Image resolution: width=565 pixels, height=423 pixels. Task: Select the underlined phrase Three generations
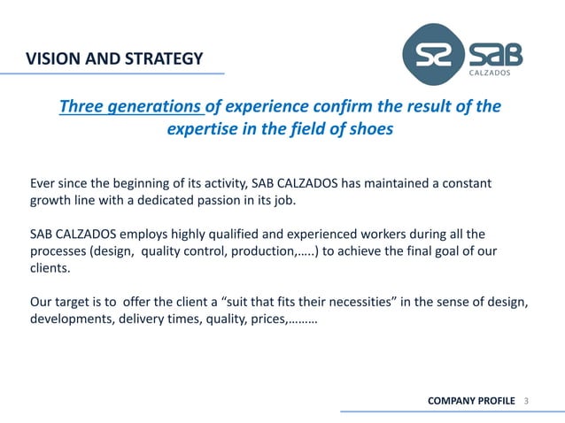[130, 107]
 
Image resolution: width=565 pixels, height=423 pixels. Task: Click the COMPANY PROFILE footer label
[470, 402]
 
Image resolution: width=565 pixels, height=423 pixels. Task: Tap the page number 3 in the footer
[526, 402]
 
